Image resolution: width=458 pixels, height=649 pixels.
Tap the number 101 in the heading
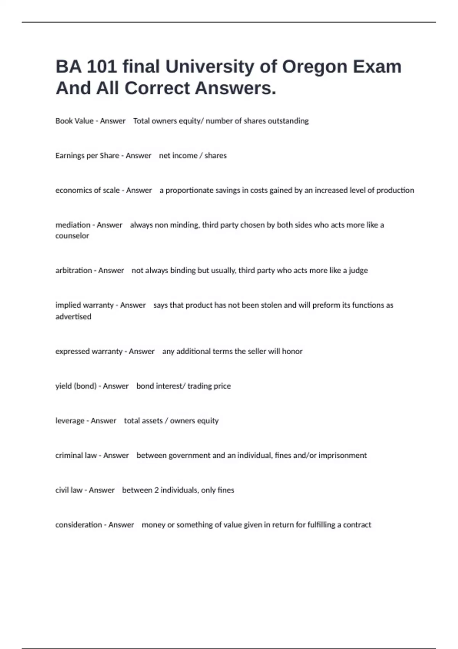pos(102,67)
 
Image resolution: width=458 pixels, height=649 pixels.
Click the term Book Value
pos(74,121)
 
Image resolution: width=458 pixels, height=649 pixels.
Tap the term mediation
pos(73,225)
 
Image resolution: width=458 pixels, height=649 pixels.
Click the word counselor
pos(72,236)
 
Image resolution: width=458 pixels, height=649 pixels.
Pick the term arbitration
pos(74,270)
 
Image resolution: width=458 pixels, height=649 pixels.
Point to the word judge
pos(358,270)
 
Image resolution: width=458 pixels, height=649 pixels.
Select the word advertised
pos(73,316)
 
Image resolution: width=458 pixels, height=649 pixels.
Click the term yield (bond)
pos(76,386)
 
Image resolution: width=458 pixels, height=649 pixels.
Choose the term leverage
pos(70,421)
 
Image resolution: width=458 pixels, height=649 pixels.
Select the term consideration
pos(79,525)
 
